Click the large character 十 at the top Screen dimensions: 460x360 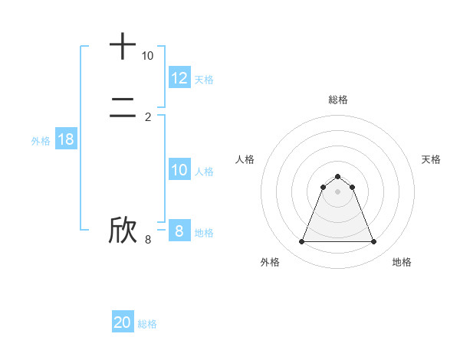[x=123, y=46]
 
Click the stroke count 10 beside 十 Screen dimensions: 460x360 [x=147, y=56]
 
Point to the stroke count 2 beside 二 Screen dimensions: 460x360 [x=148, y=116]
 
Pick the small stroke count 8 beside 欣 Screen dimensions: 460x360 [x=148, y=240]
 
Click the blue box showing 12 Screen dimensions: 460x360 [x=179, y=78]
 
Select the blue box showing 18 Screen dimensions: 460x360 [x=66, y=139]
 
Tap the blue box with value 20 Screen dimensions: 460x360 [x=123, y=322]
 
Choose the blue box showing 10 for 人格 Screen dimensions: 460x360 [x=179, y=170]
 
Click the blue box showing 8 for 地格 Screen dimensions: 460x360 [x=179, y=231]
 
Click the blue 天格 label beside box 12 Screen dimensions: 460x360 [x=204, y=80]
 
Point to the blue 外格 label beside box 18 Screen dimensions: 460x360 [x=41, y=141]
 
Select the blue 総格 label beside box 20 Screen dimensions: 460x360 [x=147, y=324]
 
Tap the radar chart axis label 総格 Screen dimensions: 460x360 [x=338, y=100]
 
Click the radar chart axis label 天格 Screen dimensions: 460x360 [x=432, y=159]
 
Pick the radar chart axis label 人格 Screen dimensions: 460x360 [x=245, y=159]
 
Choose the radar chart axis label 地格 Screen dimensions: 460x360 [x=402, y=262]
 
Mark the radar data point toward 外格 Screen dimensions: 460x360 [x=301, y=242]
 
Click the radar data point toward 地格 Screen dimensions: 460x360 [x=374, y=242]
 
